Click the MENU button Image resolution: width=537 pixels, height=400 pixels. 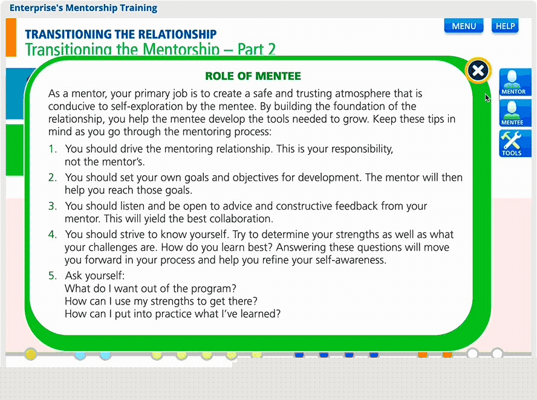click(x=464, y=27)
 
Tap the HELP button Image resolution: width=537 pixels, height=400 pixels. click(x=505, y=27)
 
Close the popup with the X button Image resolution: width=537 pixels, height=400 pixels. click(x=478, y=71)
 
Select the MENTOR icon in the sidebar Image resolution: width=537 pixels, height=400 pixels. click(x=515, y=82)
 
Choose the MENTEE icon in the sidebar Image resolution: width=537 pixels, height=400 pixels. click(x=515, y=113)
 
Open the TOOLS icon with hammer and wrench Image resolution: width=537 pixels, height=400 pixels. click(x=515, y=144)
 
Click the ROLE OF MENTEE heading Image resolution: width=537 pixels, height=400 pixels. click(x=253, y=76)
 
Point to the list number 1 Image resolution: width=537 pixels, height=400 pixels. click(x=52, y=149)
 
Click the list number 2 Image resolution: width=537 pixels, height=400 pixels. click(x=53, y=178)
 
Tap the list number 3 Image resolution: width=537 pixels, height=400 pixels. click(x=53, y=206)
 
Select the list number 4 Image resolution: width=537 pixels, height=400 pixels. click(x=53, y=234)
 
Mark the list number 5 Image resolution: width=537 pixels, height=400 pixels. click(x=53, y=276)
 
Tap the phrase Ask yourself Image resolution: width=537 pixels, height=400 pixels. click(x=95, y=276)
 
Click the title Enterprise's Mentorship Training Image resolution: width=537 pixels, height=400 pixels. click(x=83, y=8)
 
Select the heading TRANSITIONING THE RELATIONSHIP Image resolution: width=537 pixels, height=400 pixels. click(x=120, y=34)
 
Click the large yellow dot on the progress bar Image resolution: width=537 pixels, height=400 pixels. click(x=31, y=354)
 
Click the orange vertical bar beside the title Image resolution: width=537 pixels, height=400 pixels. click(x=11, y=37)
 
